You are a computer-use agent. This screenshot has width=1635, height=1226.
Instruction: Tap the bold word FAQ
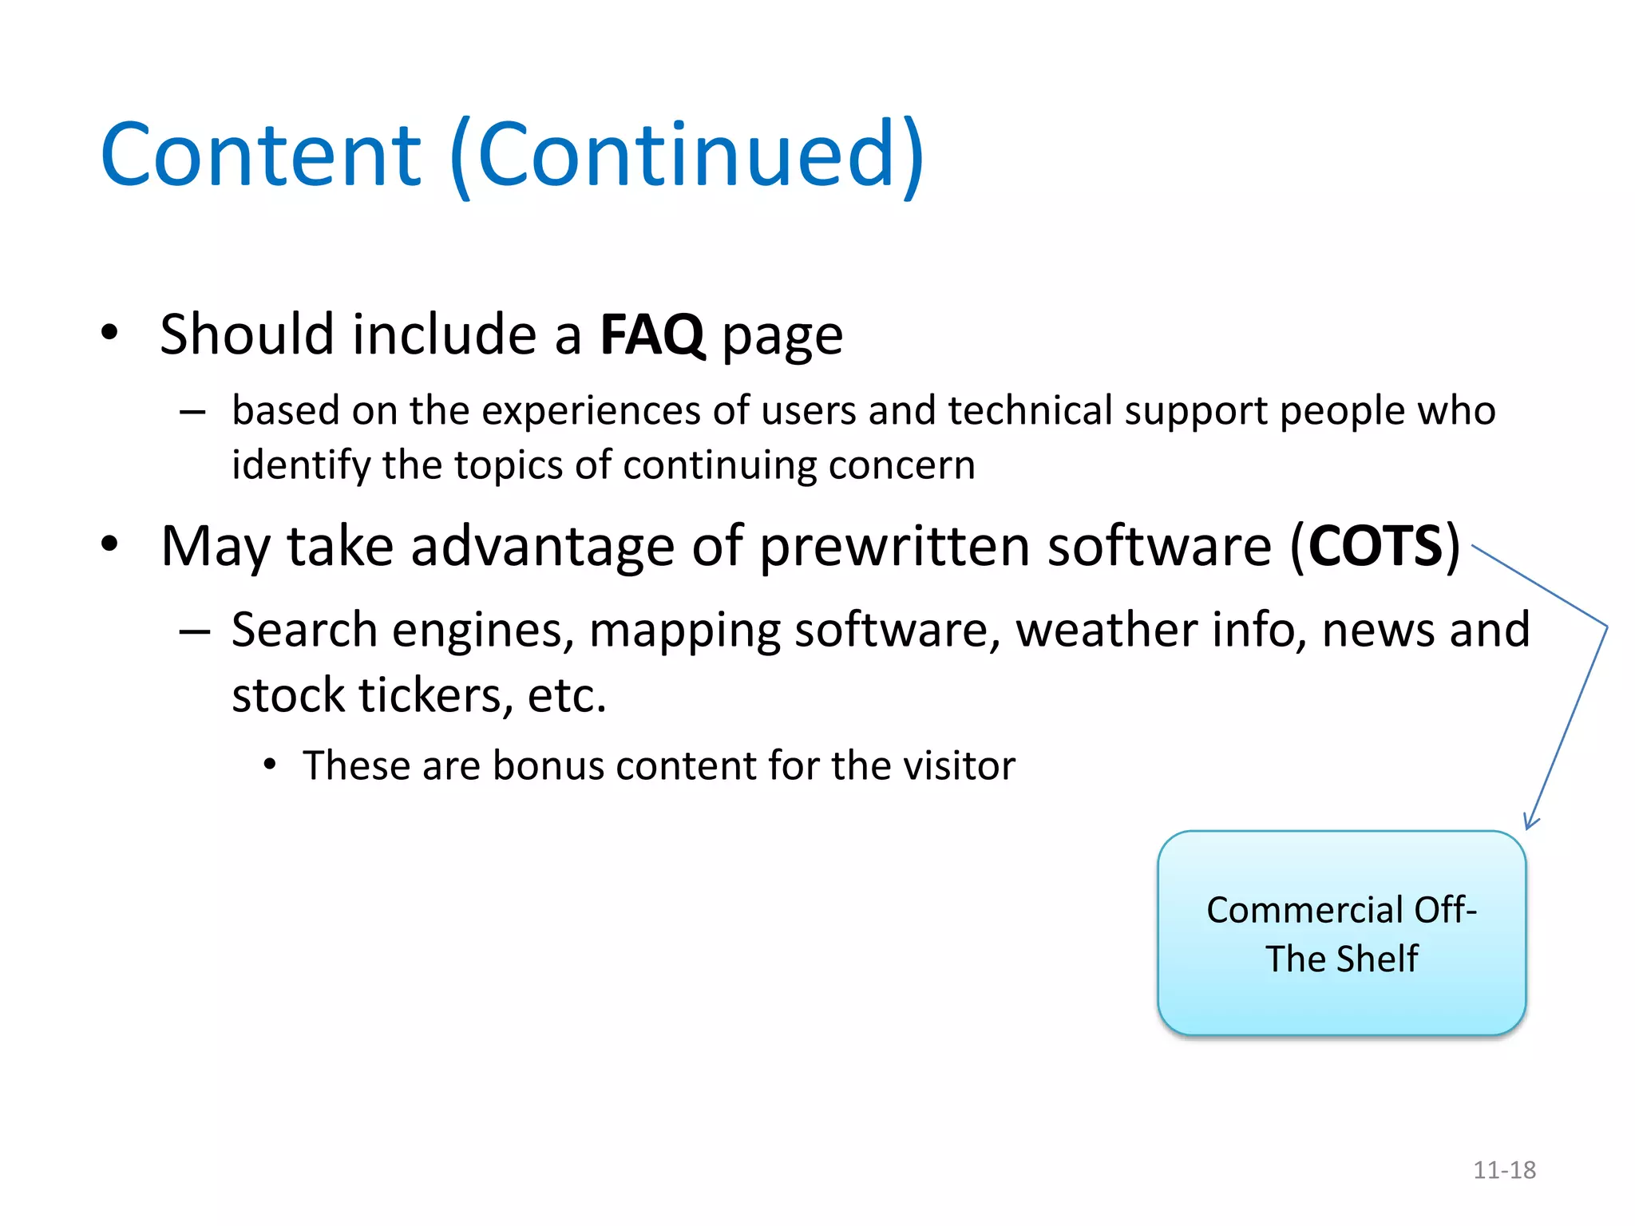651,334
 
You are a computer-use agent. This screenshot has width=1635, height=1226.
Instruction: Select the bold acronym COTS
1375,547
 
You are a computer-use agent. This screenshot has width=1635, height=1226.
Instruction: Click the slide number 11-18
1504,1170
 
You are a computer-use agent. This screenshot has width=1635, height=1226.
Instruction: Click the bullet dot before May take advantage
109,544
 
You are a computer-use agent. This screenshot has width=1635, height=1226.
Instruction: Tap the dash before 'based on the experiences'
192,412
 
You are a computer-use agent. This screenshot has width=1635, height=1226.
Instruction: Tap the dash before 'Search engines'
194,631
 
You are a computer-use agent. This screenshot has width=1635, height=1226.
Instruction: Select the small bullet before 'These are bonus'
270,765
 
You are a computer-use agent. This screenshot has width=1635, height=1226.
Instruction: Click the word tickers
431,695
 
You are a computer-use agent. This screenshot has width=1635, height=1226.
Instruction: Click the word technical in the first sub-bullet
1030,411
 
